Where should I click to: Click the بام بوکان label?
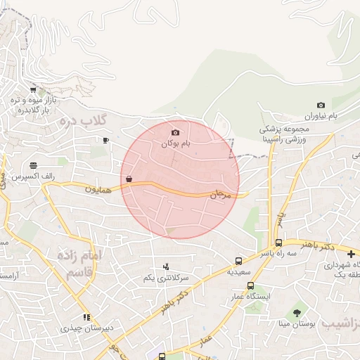coord(176,143)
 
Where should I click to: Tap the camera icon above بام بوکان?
coord(175,132)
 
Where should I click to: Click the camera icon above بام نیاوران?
coord(321,105)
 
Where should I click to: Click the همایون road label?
coord(100,188)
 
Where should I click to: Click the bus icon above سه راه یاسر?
coord(279,243)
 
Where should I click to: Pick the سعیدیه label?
coord(239,271)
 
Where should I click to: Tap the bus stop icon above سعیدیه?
coord(239,261)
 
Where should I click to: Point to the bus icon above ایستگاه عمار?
coord(251,286)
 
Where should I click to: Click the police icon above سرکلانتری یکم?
coord(166,266)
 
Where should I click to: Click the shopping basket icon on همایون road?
coord(128,179)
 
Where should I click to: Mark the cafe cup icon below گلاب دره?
coord(105,140)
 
